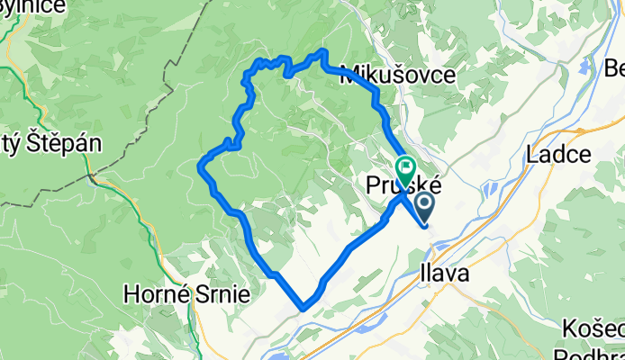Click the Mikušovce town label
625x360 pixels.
[397, 76]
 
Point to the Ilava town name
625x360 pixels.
[443, 274]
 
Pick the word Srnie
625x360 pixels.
[224, 294]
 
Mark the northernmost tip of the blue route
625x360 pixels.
[322, 50]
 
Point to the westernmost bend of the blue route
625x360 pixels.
[199, 165]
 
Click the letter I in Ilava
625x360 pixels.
[421, 274]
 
